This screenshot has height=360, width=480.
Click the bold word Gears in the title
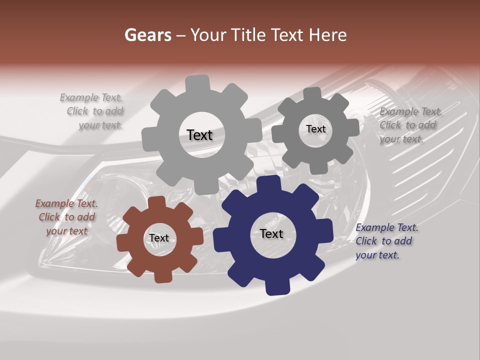[147, 35]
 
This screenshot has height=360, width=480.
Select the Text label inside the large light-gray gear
[199, 135]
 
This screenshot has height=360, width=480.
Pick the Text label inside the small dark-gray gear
[315, 129]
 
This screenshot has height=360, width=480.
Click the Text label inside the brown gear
[159, 238]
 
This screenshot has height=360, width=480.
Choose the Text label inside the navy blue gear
[271, 234]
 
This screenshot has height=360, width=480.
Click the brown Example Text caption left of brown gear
[66, 217]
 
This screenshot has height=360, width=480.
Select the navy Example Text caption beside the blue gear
[386, 241]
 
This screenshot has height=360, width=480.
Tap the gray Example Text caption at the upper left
[93, 111]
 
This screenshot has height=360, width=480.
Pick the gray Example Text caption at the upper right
[410, 125]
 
